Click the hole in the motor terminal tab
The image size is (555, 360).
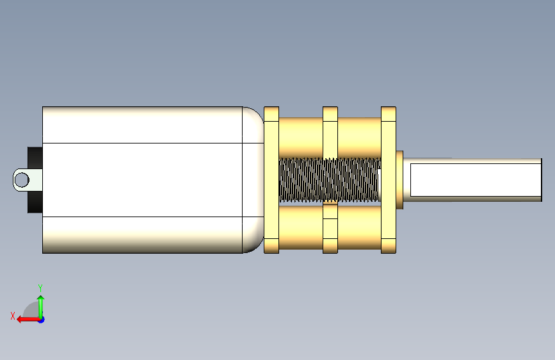tap(22, 179)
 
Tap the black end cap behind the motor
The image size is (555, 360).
tap(35, 180)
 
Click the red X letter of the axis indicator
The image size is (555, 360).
tap(13, 316)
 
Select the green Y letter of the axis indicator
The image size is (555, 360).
tap(40, 288)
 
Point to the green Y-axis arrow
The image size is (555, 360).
tap(41, 307)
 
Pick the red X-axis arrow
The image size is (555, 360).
tap(28, 320)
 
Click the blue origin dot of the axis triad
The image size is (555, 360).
tap(42, 320)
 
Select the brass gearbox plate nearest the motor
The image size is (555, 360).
tap(271, 180)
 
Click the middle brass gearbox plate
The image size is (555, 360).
tap(330, 180)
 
